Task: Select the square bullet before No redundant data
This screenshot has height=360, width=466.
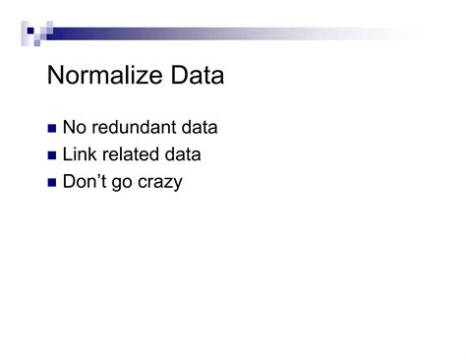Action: click(52, 129)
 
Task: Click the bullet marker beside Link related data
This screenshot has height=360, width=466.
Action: click(52, 155)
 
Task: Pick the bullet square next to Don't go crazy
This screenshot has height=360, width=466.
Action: click(52, 183)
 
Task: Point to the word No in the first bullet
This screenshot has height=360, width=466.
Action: click(74, 128)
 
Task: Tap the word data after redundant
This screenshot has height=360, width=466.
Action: click(198, 128)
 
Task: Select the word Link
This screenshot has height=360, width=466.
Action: click(79, 154)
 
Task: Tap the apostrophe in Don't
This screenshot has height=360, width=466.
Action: click(100, 176)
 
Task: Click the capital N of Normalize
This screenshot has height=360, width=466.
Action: click(56, 76)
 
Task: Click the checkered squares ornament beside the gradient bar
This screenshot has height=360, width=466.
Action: click(35, 33)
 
